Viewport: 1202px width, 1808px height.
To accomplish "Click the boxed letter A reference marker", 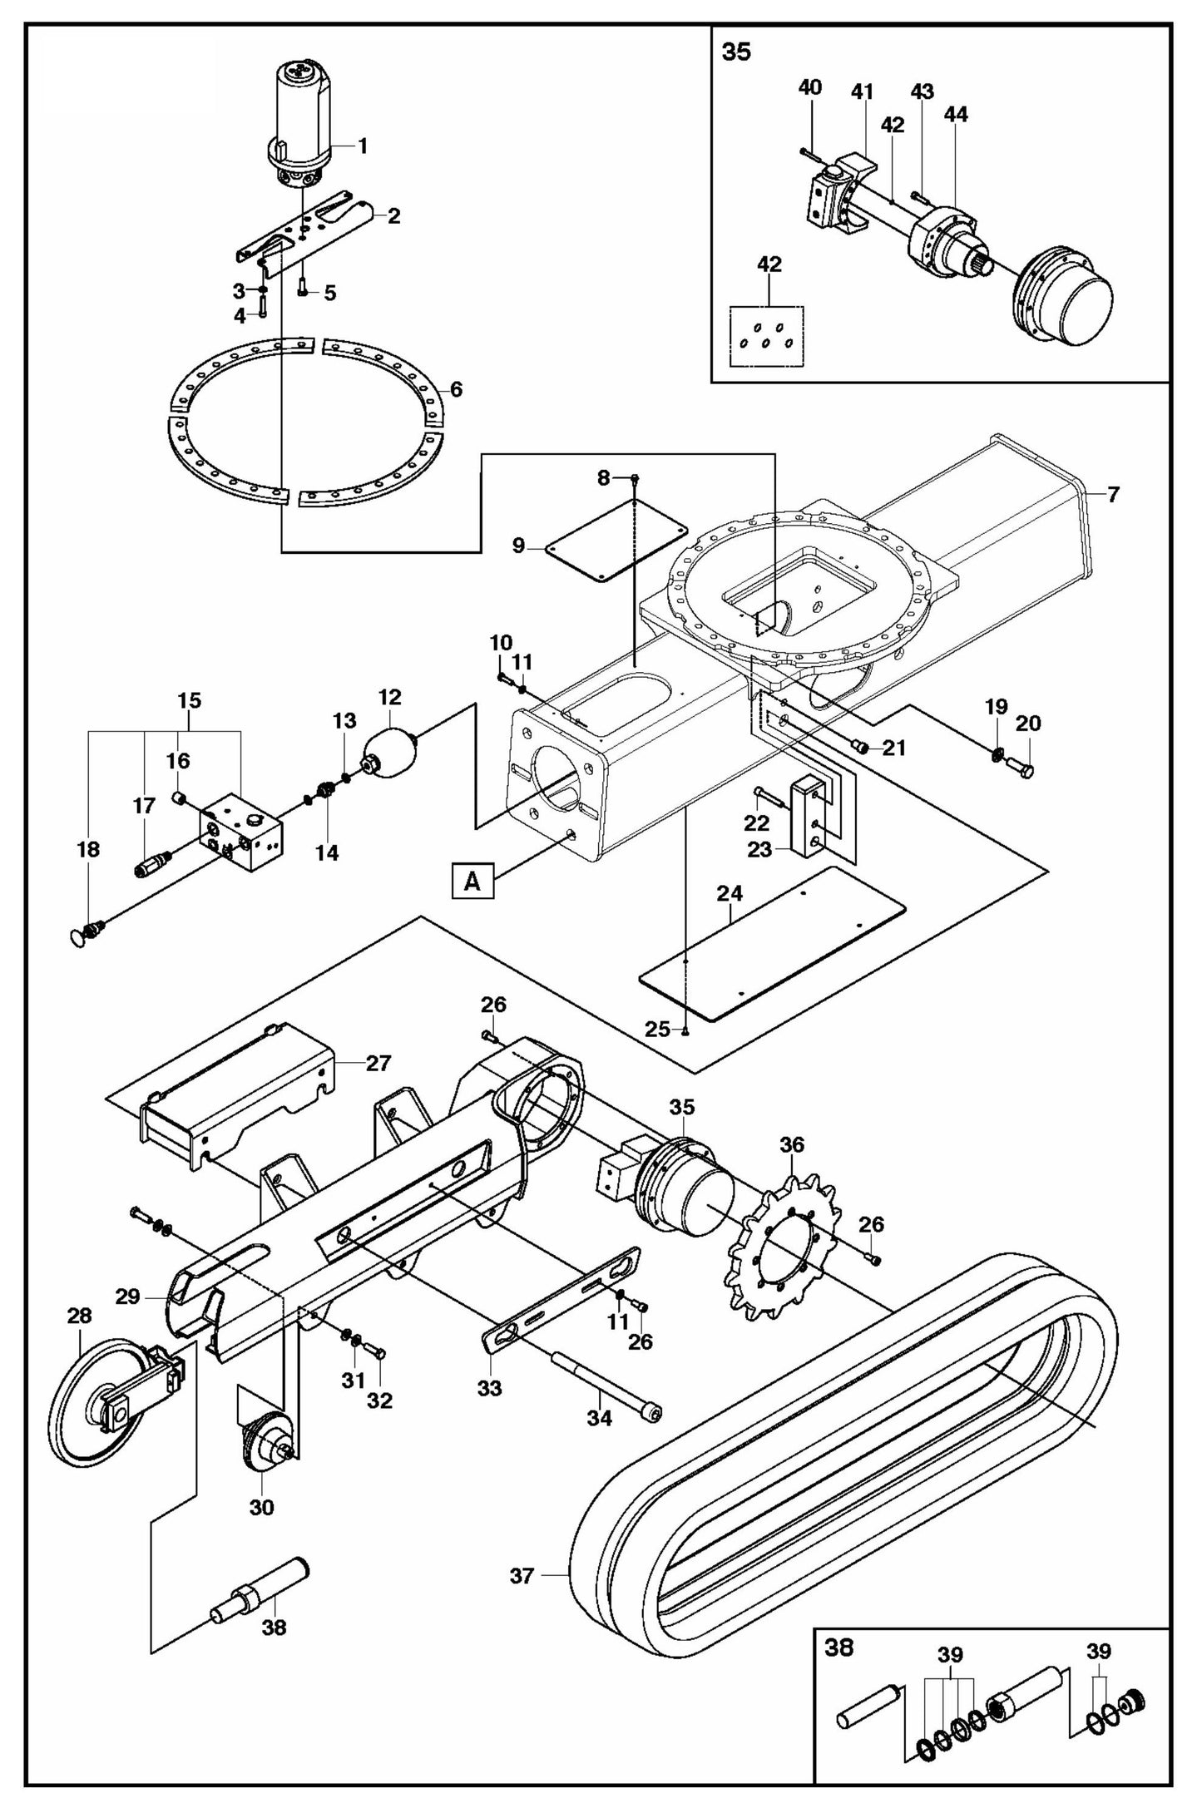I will point(472,881).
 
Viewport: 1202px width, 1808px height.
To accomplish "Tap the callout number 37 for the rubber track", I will point(521,1575).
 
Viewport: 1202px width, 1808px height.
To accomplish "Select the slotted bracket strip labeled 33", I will point(562,1304).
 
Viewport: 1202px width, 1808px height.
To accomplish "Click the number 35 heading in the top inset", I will point(736,52).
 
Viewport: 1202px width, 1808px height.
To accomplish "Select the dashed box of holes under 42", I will point(768,336).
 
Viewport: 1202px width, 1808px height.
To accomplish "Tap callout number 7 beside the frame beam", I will point(1113,495).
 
